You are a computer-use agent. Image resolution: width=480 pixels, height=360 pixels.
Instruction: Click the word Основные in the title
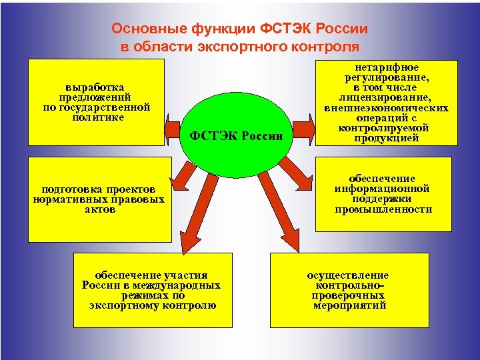(141, 29)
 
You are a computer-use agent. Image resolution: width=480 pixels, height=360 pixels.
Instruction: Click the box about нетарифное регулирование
(386, 103)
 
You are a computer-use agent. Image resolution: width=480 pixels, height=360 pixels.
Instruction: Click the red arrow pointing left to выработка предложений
(174, 125)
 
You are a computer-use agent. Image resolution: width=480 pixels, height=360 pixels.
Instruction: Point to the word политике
(97, 117)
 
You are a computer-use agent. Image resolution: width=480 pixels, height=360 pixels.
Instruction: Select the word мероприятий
(349, 305)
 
